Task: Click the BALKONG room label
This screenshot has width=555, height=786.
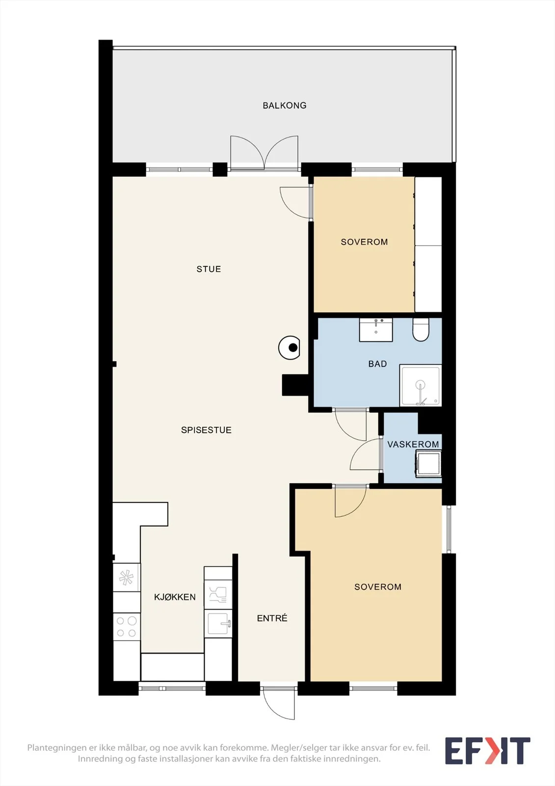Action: point(284,105)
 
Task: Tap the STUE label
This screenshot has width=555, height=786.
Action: point(209,269)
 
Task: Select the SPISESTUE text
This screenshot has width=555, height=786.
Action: point(206,430)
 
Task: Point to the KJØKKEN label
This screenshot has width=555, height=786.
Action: point(175,597)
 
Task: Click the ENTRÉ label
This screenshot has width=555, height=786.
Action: point(272,618)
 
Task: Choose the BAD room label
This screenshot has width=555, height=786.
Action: point(377,364)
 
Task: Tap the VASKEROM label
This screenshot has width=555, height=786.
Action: point(413,444)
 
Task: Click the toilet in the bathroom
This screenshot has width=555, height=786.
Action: point(421,330)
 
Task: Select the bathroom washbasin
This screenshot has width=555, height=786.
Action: point(376,330)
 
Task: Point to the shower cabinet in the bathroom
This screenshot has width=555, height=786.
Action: point(421,385)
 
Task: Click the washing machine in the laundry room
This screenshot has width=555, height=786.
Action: point(428,465)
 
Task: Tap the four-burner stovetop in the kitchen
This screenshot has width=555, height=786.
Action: point(127,627)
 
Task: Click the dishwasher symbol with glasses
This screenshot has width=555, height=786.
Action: point(218,594)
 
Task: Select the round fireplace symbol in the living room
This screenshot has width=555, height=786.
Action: point(289,347)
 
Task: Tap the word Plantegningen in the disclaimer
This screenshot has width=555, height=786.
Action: point(57,748)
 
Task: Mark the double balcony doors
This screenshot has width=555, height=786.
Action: point(264,153)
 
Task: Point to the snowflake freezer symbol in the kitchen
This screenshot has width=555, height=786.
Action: point(126,577)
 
